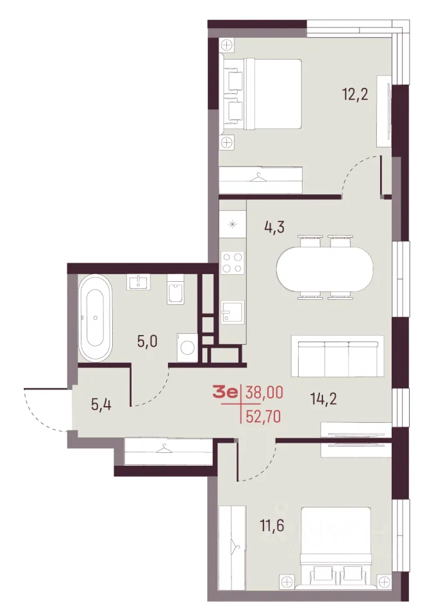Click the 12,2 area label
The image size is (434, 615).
(x=356, y=95)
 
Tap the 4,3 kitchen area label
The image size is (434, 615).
(x=274, y=227)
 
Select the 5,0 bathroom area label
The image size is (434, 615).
(x=147, y=341)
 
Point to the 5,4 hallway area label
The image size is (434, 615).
(x=101, y=404)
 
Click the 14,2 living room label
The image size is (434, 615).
(x=324, y=399)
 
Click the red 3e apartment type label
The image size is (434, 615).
(x=226, y=392)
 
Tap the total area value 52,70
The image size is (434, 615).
(x=263, y=416)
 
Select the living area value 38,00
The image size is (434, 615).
(x=263, y=392)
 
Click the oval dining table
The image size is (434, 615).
(x=324, y=268)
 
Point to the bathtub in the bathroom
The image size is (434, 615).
(x=96, y=318)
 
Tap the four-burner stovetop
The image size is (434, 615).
(x=233, y=263)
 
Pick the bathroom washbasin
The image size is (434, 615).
(x=138, y=282)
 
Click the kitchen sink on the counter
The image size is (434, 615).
(x=232, y=312)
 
